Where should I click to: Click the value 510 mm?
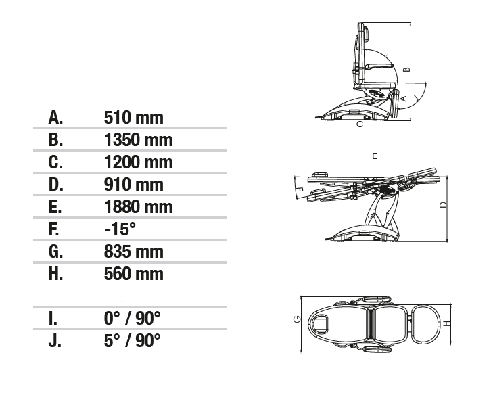click(x=134, y=118)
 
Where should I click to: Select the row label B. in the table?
click(x=55, y=139)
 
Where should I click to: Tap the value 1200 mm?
click(x=139, y=162)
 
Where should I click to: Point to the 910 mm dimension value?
click(x=134, y=185)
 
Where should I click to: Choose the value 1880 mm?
click(x=139, y=207)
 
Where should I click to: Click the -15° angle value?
click(x=120, y=229)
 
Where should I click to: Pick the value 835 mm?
click(x=134, y=252)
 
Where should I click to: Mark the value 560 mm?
click(x=134, y=274)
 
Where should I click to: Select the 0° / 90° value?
click(x=132, y=319)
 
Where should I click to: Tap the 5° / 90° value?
click(x=132, y=341)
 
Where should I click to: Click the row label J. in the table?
click(x=55, y=341)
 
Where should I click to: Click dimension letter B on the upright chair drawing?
click(x=406, y=69)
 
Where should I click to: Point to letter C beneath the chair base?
click(x=360, y=124)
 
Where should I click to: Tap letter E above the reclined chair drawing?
click(x=374, y=156)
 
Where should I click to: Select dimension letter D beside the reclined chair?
click(x=443, y=205)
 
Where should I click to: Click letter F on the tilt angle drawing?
click(x=300, y=189)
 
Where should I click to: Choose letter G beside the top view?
click(x=296, y=319)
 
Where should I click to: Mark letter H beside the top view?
click(x=447, y=323)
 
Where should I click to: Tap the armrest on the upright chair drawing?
click(x=379, y=66)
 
